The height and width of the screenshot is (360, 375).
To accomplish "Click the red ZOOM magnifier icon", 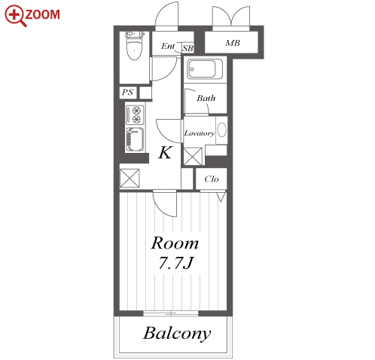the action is click(x=16, y=16).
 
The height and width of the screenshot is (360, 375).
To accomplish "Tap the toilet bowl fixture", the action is click(x=135, y=46).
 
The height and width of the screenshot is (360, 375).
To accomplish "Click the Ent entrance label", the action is click(x=168, y=46).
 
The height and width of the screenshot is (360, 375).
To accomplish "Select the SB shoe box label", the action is click(x=187, y=48).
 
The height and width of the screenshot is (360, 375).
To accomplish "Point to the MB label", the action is click(x=233, y=43).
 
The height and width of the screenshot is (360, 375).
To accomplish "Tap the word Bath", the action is click(x=206, y=98).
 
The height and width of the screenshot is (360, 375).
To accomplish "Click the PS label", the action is click(x=127, y=93).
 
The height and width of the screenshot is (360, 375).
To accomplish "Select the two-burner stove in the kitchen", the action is click(x=135, y=115).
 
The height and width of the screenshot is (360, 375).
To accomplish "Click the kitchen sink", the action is click(x=135, y=139).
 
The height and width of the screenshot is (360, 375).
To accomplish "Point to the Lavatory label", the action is click(x=200, y=133).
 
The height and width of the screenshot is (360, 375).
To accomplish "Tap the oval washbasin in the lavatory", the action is click(x=221, y=130).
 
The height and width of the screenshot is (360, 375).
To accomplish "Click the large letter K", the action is click(x=166, y=152).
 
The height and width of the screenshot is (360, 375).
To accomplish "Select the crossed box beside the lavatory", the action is click(x=193, y=157).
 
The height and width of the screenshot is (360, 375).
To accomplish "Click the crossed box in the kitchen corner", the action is click(x=130, y=178).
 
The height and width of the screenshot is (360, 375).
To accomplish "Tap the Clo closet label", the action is click(x=212, y=179).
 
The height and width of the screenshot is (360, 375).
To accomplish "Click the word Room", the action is click(x=175, y=243).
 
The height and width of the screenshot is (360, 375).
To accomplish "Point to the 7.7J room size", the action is click(x=175, y=263).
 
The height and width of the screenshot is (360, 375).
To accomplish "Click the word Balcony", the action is click(x=177, y=334).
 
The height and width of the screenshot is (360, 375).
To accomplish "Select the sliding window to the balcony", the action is click(x=171, y=313).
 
